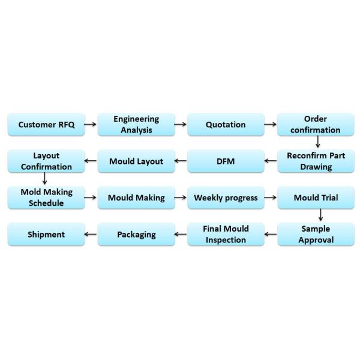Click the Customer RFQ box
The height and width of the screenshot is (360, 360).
click(x=46, y=124)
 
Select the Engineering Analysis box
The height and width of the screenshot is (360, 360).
click(x=136, y=124)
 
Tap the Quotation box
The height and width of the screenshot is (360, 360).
click(x=226, y=124)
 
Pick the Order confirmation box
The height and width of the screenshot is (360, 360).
click(x=316, y=124)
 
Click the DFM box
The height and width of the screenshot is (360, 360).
click(x=226, y=161)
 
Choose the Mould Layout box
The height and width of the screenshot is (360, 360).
click(x=136, y=161)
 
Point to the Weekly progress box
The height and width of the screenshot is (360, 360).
click(x=226, y=197)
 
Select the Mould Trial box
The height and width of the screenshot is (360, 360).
click(x=316, y=197)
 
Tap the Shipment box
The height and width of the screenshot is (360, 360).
click(x=46, y=235)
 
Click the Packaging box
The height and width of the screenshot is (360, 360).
click(x=136, y=235)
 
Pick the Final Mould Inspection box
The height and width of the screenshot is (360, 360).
click(x=226, y=235)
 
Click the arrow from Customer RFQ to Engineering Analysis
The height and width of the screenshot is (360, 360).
click(x=90, y=124)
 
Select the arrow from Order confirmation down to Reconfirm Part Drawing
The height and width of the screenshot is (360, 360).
click(x=318, y=142)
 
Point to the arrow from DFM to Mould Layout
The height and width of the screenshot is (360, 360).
click(x=181, y=161)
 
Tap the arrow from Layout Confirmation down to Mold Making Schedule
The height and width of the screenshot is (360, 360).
click(x=45, y=178)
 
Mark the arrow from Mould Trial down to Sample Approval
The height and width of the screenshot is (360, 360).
click(x=321, y=215)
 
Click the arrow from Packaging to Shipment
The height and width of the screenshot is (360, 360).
click(x=91, y=234)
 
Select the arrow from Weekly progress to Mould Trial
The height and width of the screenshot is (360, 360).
click(x=270, y=197)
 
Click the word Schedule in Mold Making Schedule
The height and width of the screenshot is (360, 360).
click(x=46, y=203)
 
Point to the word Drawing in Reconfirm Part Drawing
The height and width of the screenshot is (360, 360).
click(x=316, y=167)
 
